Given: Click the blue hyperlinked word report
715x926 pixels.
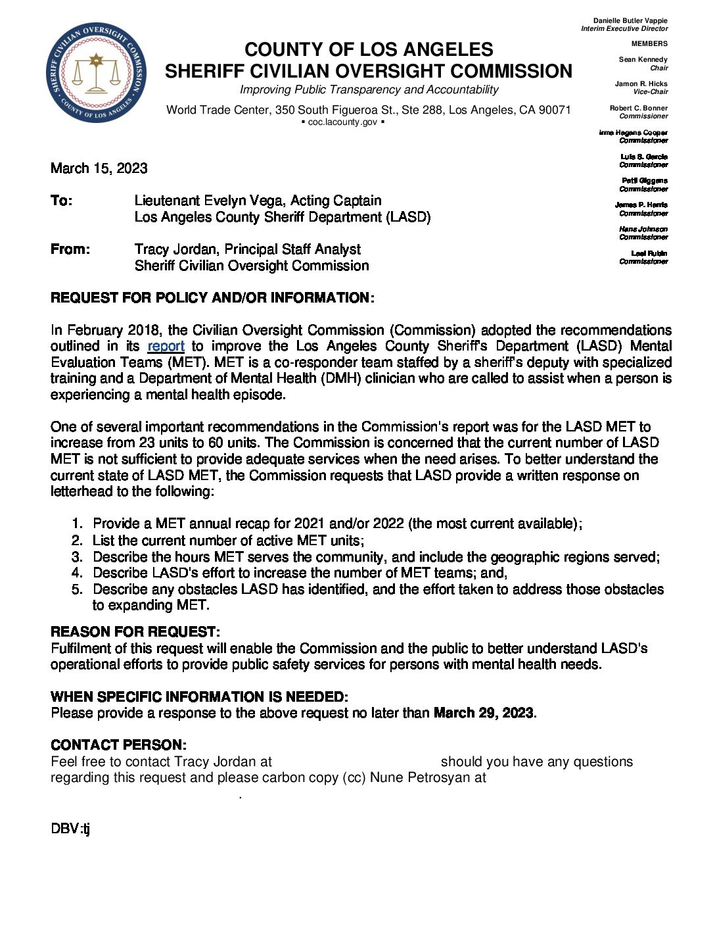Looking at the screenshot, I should (x=166, y=347).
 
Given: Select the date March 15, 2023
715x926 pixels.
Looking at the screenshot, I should (x=99, y=168).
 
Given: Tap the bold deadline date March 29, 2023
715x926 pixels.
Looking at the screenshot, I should (x=484, y=713).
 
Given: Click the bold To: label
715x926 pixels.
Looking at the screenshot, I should (x=62, y=201).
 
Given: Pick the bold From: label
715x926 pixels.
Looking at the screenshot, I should (x=70, y=249).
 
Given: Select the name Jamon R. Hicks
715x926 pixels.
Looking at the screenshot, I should (x=641, y=84).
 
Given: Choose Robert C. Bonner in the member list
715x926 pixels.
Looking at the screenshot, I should (x=638, y=109).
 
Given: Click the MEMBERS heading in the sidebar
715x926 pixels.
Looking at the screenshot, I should (x=649, y=44).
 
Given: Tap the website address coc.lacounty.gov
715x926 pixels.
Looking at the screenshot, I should (x=342, y=122).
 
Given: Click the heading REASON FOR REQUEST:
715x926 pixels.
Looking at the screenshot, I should (x=135, y=632).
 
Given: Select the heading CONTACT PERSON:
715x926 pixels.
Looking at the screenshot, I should (x=118, y=745).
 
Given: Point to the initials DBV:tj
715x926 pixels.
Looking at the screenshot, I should (x=70, y=829).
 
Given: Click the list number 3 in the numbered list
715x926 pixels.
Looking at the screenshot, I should (x=78, y=557).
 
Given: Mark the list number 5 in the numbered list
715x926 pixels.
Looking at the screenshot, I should (x=78, y=589).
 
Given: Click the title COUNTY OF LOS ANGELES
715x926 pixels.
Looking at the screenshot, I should (x=368, y=50).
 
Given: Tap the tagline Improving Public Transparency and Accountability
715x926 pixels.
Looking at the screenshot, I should (x=368, y=90).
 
